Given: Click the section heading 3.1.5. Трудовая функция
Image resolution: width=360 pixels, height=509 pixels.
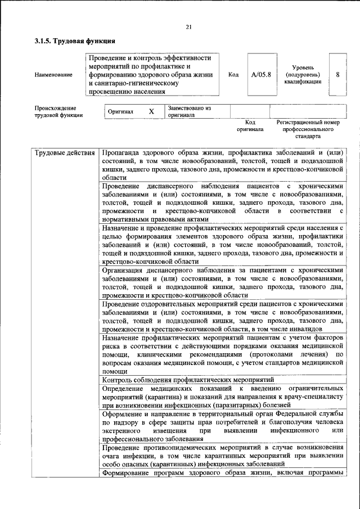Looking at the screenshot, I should tap(75, 41).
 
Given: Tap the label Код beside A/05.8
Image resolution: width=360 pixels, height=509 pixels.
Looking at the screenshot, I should tap(233, 74).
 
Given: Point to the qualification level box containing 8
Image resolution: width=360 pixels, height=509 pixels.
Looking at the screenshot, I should tap(337, 74).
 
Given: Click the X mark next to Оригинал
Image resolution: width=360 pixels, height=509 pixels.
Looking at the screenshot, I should tap(151, 111).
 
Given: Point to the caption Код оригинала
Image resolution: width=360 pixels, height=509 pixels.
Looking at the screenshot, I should tap(251, 125).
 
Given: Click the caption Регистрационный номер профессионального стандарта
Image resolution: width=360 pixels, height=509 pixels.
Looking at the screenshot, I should tap(308, 129).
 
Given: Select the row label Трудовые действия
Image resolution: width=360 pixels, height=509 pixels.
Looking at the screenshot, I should tap(65, 152).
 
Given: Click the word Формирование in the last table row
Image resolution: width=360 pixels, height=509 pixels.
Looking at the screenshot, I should tap(129, 472).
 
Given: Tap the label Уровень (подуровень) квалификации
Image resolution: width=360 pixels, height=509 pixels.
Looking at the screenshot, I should tap(303, 74).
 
